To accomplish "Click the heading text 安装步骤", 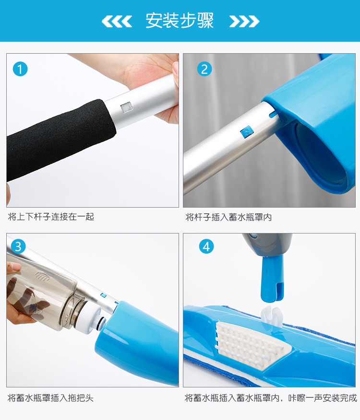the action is tap(180, 21).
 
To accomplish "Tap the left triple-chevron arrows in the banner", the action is tap(117, 21).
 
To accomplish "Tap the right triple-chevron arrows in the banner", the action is tap(244, 21).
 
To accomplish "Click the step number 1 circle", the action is tap(20, 69).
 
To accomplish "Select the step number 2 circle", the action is tap(204, 69).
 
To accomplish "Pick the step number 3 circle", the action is tap(18, 246).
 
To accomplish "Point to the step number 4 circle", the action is tap(206, 246).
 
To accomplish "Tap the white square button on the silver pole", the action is tap(126, 107).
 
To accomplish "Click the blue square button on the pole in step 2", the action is tap(247, 131).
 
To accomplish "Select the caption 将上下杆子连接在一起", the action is tap(51, 216).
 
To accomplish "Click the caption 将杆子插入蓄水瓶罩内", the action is tap(228, 217).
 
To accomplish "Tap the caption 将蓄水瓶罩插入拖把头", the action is tap(50, 398).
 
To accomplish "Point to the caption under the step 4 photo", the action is tap(271, 398).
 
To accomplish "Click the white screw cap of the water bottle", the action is tap(88, 319).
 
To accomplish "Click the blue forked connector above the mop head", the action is tap(272, 279).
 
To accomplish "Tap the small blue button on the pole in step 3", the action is tap(104, 295).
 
